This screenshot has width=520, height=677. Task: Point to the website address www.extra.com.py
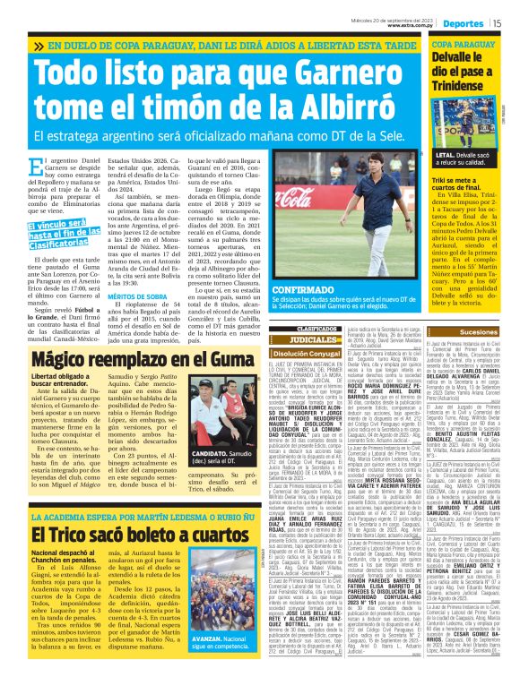pos(410,26)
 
